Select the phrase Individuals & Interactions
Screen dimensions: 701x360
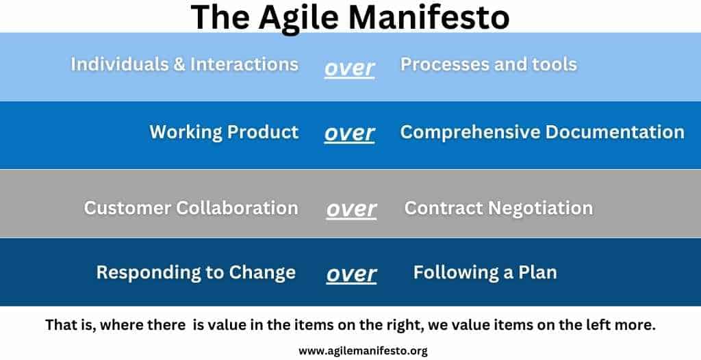[185, 64]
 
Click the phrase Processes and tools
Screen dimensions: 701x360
[489, 64]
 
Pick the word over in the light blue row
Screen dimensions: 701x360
[350, 68]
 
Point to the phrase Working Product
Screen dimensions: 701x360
[224, 132]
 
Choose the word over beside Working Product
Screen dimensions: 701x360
[350, 133]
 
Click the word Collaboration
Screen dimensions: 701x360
[237, 208]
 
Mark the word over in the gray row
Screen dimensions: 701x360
[351, 210]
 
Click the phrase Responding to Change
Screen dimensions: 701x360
[196, 272]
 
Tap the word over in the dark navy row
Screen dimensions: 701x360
[351, 274]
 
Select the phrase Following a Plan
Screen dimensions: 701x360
[485, 272]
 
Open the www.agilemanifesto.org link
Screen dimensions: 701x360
[363, 351]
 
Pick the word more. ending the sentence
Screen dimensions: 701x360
[636, 326]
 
